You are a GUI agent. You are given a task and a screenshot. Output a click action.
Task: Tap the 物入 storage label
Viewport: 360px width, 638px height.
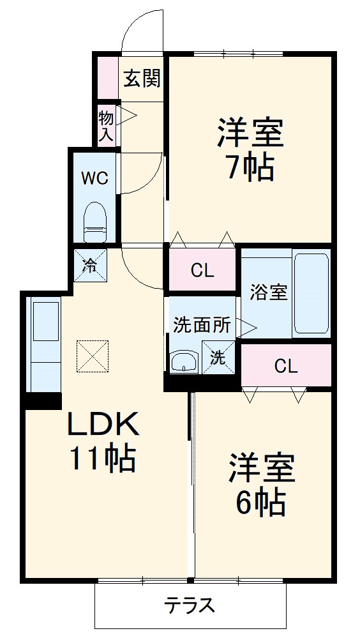(x=106, y=126)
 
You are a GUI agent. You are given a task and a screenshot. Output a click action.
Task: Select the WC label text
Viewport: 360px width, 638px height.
(x=94, y=178)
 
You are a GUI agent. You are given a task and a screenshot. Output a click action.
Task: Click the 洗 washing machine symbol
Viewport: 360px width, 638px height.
(x=218, y=358)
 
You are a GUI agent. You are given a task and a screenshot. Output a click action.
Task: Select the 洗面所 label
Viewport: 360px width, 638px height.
(x=202, y=324)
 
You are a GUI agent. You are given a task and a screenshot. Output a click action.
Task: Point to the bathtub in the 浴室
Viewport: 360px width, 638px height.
(x=311, y=292)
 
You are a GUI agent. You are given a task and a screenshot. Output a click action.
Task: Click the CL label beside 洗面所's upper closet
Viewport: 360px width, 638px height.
(x=203, y=270)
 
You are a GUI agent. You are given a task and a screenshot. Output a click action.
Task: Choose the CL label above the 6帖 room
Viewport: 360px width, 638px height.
(x=286, y=366)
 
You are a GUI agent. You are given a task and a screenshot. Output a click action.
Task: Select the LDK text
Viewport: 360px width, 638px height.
(x=103, y=424)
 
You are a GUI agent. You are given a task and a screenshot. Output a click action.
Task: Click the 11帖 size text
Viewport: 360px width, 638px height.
(x=103, y=459)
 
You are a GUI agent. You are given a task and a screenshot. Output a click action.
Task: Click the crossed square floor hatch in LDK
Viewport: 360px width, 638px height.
(x=93, y=356)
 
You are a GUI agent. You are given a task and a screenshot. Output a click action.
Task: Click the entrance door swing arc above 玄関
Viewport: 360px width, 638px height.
(x=142, y=29)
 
